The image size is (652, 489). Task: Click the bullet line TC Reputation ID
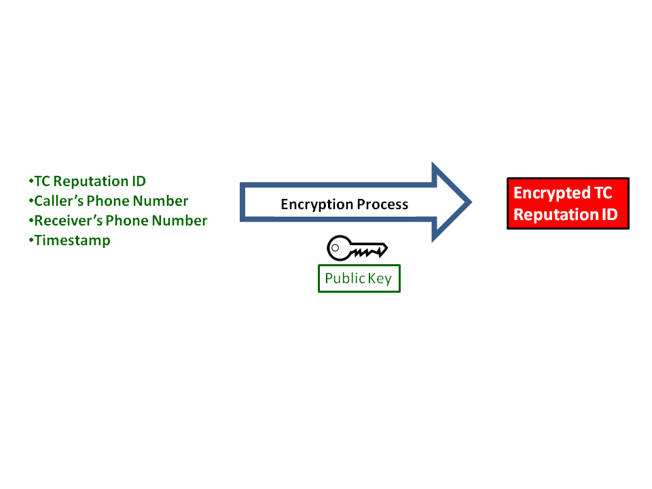click(x=88, y=181)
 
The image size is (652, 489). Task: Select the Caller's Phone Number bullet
click(x=109, y=201)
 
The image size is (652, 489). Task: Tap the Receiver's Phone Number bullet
click(x=118, y=221)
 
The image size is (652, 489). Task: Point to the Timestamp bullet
click(x=70, y=240)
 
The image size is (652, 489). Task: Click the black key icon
click(x=357, y=249)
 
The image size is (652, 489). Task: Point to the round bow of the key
click(x=338, y=248)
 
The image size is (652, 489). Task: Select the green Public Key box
click(x=359, y=278)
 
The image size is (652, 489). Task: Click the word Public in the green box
click(x=345, y=278)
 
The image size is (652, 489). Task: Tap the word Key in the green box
click(x=380, y=278)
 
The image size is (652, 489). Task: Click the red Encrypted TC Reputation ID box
click(x=568, y=203)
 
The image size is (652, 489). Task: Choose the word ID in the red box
click(x=608, y=215)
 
